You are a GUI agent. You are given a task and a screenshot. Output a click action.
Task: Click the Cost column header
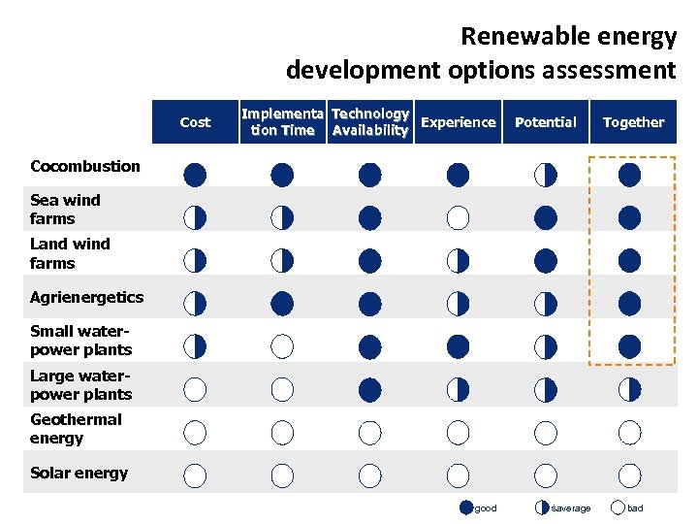point(195,122)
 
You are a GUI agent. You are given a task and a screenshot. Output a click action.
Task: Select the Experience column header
point(458,122)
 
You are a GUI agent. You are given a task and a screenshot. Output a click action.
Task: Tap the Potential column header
point(545,122)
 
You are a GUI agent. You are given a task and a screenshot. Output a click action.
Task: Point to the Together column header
point(633,122)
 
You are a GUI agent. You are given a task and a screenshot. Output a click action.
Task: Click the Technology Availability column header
point(369,122)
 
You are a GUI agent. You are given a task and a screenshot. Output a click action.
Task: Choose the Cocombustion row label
point(85,166)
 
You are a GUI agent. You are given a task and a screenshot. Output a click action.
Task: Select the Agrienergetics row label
point(86,297)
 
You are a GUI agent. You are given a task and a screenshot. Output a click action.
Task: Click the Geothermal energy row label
point(76,428)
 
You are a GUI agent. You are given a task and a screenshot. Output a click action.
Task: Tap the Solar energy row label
point(79,473)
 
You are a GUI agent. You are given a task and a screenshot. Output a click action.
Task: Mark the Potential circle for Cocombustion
point(546,175)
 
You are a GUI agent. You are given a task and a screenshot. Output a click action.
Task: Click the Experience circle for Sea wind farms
point(458,217)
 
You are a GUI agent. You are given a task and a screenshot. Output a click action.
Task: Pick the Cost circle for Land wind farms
point(195,260)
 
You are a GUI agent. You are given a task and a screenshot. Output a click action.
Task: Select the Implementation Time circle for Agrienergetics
point(282,304)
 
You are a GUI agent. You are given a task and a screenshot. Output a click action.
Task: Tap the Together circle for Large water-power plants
point(630,390)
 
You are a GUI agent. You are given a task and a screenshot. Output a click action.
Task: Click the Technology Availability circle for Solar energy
point(369,475)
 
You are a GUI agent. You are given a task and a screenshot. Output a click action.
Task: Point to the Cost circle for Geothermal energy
point(195,432)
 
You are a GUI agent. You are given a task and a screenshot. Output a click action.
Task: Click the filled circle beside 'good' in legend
point(467,507)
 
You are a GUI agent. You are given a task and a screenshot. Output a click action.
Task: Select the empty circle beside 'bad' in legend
point(618,507)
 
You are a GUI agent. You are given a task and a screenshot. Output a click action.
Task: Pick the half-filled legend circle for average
point(541,507)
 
